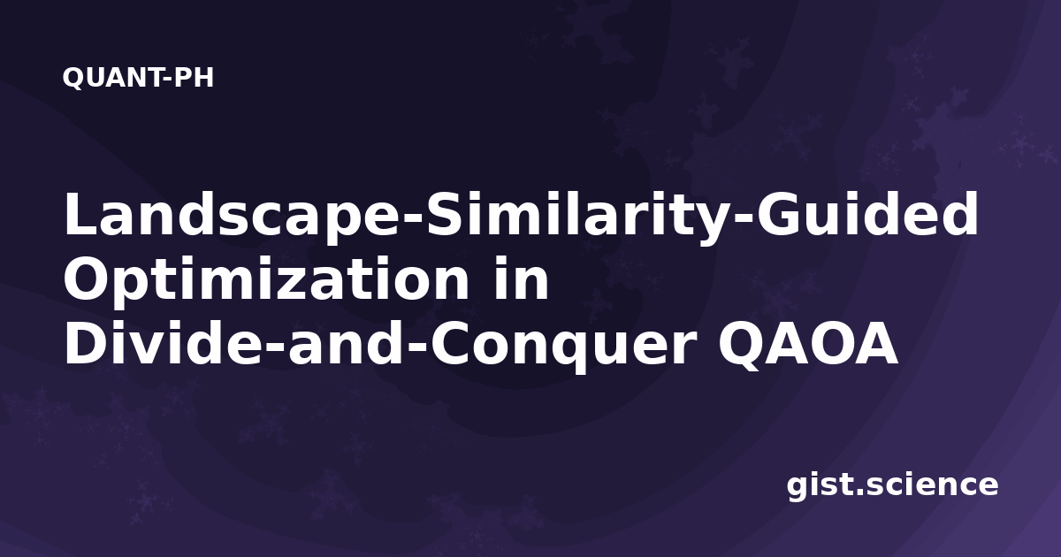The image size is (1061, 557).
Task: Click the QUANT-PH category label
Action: click(x=138, y=78)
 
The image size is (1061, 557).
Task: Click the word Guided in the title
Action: click(x=867, y=214)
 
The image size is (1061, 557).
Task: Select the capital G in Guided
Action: click(x=781, y=214)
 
